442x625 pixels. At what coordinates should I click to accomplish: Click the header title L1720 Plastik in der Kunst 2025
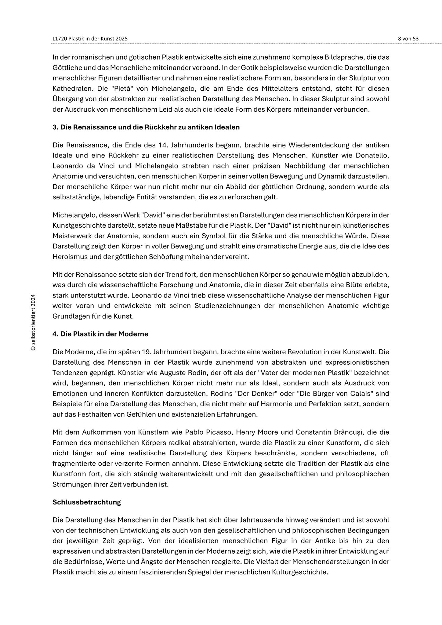tap(90, 39)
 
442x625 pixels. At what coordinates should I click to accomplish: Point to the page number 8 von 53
tap(408, 39)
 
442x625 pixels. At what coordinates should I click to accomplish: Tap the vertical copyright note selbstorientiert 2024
tap(33, 322)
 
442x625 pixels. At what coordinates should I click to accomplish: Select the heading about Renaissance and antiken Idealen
tap(146, 127)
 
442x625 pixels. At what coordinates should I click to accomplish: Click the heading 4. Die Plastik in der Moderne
tap(100, 334)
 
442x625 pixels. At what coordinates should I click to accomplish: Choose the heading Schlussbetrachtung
tap(87, 502)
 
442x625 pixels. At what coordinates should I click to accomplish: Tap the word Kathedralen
tap(71, 89)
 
